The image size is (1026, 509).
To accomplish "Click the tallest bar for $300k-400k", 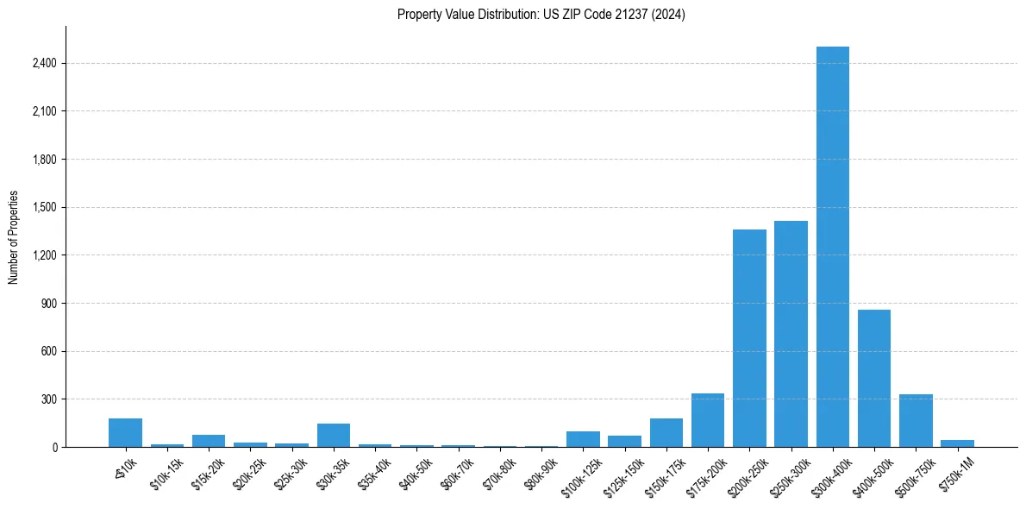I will (832, 247).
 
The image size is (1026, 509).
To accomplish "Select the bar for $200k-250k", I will (749, 338).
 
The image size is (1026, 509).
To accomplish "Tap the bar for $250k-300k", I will (791, 334).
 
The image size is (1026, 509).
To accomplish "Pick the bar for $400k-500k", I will (873, 378).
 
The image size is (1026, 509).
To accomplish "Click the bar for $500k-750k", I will (916, 421).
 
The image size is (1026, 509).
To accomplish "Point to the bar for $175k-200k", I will (708, 420).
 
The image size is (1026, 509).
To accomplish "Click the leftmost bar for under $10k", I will (125, 433).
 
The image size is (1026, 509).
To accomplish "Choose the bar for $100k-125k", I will (583, 439).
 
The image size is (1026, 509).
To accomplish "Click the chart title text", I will (541, 15).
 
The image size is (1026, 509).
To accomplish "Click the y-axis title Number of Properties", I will (14, 237).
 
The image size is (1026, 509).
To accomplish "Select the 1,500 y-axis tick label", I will (43, 208).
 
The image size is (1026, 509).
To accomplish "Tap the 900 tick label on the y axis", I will (47, 304).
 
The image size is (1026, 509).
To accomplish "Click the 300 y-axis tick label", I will (47, 399).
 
